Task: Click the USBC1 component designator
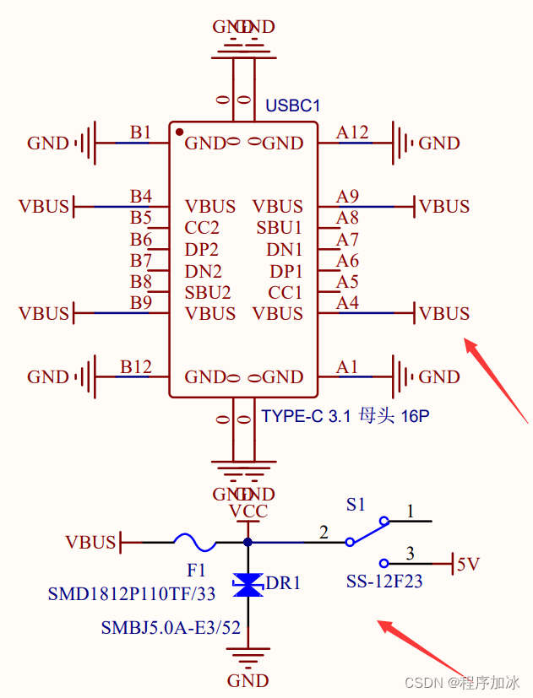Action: (x=293, y=106)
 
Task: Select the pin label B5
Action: (x=140, y=219)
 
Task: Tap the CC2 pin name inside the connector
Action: (x=202, y=228)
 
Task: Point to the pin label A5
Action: (x=347, y=282)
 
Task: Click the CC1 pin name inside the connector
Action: (x=286, y=293)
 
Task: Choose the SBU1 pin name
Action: (x=280, y=228)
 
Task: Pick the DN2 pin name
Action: (x=203, y=272)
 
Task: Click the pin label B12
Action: (x=135, y=367)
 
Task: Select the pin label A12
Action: (x=352, y=133)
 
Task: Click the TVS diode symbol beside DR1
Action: (x=247, y=585)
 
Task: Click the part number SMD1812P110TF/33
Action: (x=132, y=594)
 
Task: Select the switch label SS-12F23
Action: (x=384, y=582)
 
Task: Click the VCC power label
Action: (x=248, y=511)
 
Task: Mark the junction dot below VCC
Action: (x=247, y=542)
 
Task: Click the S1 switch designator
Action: (x=356, y=505)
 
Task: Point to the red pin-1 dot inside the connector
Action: (x=179, y=132)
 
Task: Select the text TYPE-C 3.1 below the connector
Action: (x=297, y=416)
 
